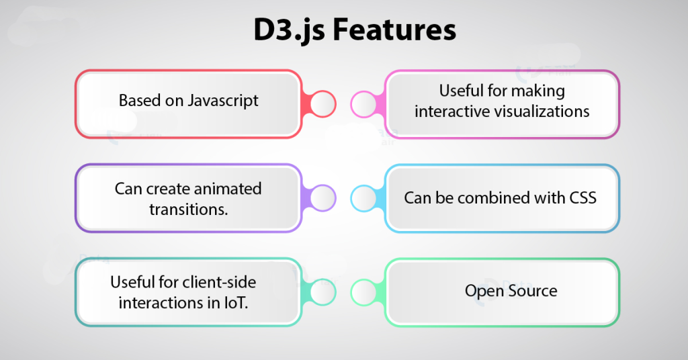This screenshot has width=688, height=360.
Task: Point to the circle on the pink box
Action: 365,104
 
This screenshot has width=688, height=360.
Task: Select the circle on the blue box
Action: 365,198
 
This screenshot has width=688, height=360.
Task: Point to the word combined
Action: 489,198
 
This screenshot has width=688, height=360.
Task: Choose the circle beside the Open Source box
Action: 365,292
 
